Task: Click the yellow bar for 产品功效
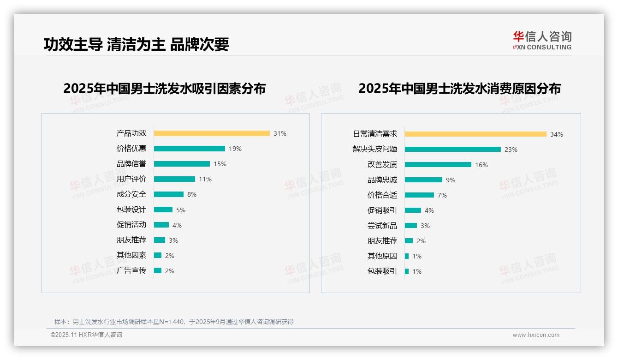[212, 133]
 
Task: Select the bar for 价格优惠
[190, 149]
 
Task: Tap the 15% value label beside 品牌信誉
[220, 164]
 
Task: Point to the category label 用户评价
[131, 179]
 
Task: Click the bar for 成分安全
[169, 194]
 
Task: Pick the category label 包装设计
[131, 210]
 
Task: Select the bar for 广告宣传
[158, 270]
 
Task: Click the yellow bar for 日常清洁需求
[475, 134]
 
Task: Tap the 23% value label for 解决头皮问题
[511, 150]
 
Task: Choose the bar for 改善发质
[438, 165]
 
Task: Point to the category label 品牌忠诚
[382, 180]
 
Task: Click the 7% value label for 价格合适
[442, 195]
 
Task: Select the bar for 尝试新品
[411, 226]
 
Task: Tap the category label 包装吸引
[382, 271]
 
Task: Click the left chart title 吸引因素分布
[165, 89]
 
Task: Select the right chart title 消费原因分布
[459, 89]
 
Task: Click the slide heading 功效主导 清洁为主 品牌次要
[137, 44]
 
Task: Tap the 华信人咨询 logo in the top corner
[542, 40]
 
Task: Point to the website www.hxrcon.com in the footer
[536, 335]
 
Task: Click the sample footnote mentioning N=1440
[174, 322]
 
